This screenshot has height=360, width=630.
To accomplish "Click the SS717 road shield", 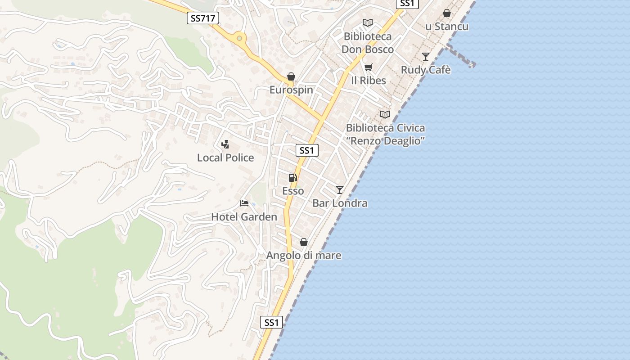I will tap(202, 18).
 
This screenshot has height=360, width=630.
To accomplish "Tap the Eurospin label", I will tap(291, 90).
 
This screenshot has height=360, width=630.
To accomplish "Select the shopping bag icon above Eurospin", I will tap(291, 76).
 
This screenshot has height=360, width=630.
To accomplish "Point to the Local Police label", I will tap(225, 157).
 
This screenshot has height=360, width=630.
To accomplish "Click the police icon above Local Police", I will tap(225, 144).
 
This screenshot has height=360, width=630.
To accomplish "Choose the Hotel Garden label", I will tap(244, 217).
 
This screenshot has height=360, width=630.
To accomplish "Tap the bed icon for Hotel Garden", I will tap(244, 203).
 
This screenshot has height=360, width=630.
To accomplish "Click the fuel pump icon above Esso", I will tap(293, 178).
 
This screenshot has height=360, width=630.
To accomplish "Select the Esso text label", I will tap(293, 191).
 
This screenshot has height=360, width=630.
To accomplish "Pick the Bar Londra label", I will tap(340, 203).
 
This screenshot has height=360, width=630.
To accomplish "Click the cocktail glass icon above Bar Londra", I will tap(340, 190).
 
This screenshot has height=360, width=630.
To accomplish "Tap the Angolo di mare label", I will tap(304, 256).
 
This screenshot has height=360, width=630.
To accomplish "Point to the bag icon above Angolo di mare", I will tap(304, 242).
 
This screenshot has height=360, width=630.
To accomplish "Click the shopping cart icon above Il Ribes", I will tap(369, 67).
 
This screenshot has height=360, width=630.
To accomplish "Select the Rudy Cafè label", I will tap(426, 70).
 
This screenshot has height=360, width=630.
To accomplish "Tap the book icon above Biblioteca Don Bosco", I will tap(368, 22).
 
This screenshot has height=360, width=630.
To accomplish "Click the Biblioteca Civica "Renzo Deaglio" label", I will tap(385, 134).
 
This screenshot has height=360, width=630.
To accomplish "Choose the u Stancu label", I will tap(447, 27).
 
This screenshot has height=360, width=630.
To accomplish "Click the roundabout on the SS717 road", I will tap(239, 38).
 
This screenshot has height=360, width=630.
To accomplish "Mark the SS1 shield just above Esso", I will tap(307, 150).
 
